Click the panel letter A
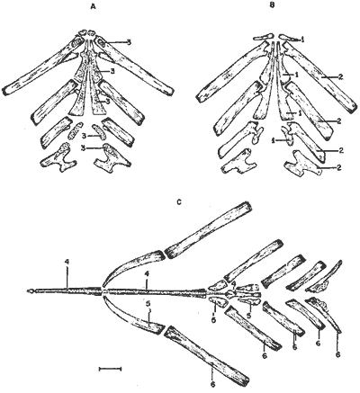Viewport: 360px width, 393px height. [x=94, y=7]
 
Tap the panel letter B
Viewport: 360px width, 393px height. [x=272, y=5]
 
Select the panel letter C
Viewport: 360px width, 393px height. [x=179, y=202]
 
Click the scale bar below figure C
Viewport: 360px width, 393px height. [x=110, y=369]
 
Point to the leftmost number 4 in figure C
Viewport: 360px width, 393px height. [x=67, y=262]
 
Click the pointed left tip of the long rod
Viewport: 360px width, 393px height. [x=29, y=290]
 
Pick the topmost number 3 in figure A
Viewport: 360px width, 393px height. [x=129, y=43]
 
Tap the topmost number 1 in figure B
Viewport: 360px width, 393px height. [x=303, y=39]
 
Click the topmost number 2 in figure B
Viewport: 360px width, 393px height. [x=340, y=76]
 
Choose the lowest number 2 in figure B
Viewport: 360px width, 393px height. [x=340, y=166]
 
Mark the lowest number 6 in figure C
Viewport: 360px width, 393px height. [x=212, y=384]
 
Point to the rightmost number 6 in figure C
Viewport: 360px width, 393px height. [x=338, y=354]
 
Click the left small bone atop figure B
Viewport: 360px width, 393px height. [x=264, y=37]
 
